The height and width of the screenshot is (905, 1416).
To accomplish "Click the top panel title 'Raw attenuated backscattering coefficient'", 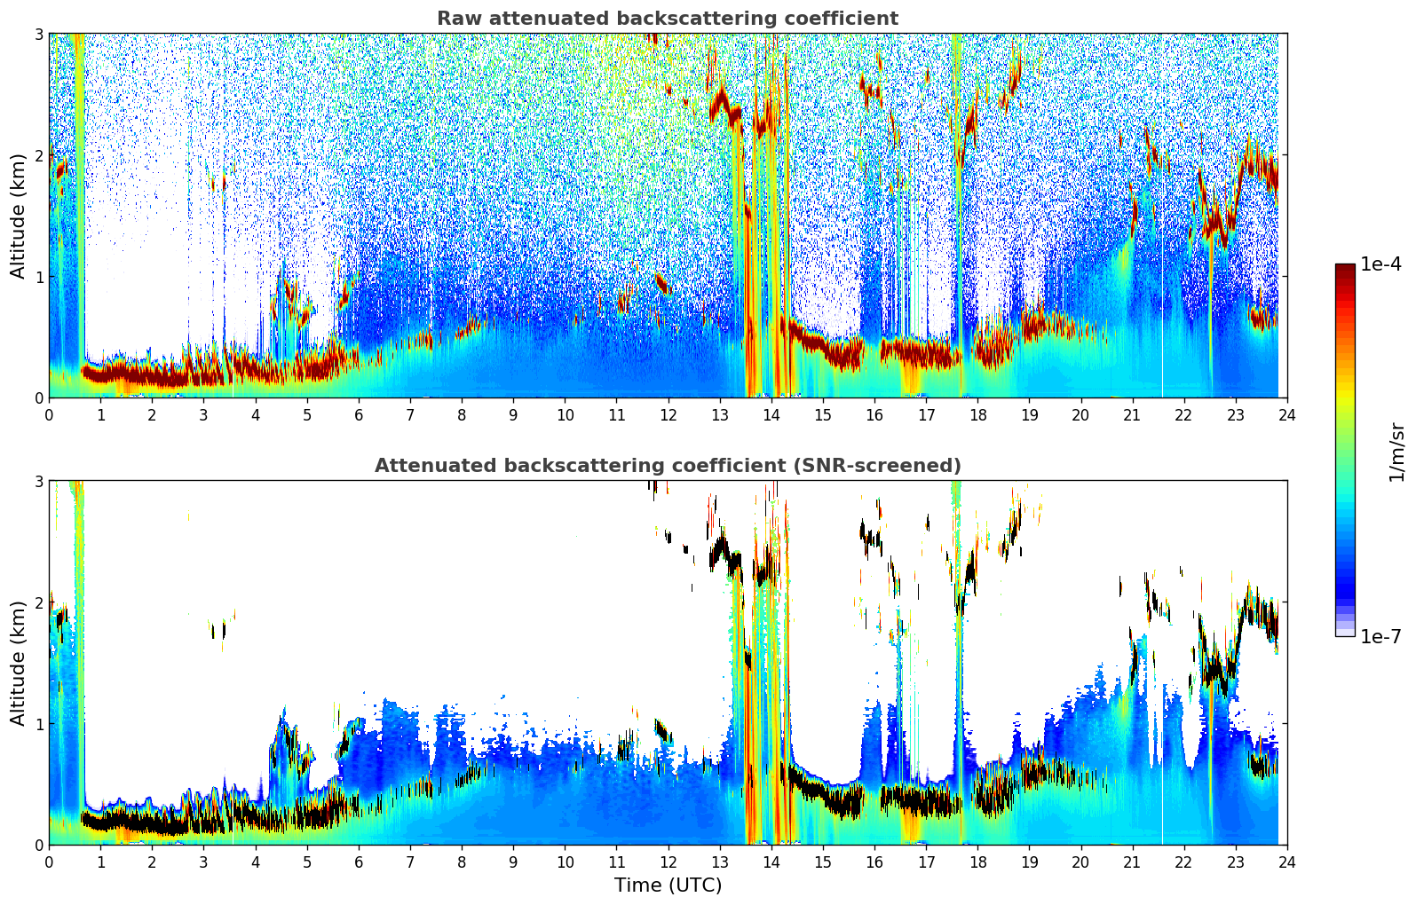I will (x=667, y=19).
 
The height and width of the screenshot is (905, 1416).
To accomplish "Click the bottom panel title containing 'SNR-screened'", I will (x=667, y=466).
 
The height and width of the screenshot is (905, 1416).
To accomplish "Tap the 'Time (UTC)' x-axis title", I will (x=668, y=885).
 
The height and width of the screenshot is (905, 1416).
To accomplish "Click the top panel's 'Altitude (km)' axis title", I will (x=19, y=216).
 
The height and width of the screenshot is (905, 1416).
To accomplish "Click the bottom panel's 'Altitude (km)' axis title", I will (x=19, y=663).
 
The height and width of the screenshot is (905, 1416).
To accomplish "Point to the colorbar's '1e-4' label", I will (x=1380, y=264).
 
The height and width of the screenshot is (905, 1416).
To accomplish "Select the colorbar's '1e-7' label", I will (x=1380, y=636).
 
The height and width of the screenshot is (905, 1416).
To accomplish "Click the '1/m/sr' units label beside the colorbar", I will (x=1396, y=452).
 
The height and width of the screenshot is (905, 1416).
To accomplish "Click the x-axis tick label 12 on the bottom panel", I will (x=668, y=862).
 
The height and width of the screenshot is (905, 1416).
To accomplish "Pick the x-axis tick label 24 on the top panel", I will (x=1286, y=415).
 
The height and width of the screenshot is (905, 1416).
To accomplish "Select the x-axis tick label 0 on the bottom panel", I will (x=49, y=862).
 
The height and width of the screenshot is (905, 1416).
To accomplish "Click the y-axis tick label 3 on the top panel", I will (x=39, y=34).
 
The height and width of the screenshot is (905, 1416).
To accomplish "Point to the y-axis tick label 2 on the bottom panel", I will (x=39, y=602).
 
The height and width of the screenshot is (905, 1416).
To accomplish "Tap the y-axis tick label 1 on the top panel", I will (x=39, y=277).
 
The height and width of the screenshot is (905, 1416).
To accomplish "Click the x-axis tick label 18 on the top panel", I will (x=977, y=415).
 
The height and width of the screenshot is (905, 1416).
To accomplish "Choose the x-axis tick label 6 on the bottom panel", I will (x=359, y=862).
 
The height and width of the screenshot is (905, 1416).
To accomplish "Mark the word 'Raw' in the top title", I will (x=458, y=19).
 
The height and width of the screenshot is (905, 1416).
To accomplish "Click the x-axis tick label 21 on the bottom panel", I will (x=1132, y=862).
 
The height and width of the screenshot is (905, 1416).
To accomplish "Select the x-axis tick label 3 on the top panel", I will (x=203, y=415).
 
